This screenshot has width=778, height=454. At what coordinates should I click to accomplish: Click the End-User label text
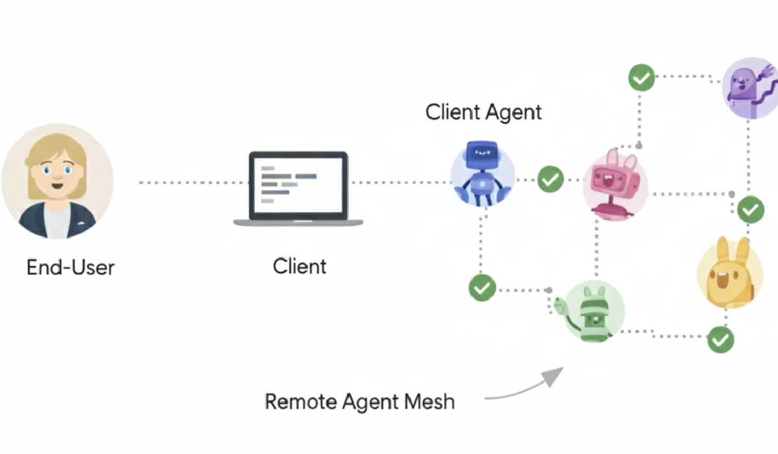coord(71,267)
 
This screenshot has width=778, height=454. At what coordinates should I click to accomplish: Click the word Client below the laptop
coord(300,266)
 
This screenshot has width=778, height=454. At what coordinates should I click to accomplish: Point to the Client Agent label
coord(483,112)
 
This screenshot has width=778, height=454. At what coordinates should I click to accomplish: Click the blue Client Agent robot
coord(482,174)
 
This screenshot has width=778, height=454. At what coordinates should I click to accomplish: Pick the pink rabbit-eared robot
coord(615,183)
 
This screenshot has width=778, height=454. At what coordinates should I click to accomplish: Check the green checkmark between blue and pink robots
coord(550,179)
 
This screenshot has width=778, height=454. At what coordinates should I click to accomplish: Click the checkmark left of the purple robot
coord(642,78)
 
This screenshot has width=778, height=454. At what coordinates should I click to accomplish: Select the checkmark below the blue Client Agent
coord(482,287)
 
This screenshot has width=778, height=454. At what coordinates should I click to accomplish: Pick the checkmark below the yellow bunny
coord(720,339)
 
